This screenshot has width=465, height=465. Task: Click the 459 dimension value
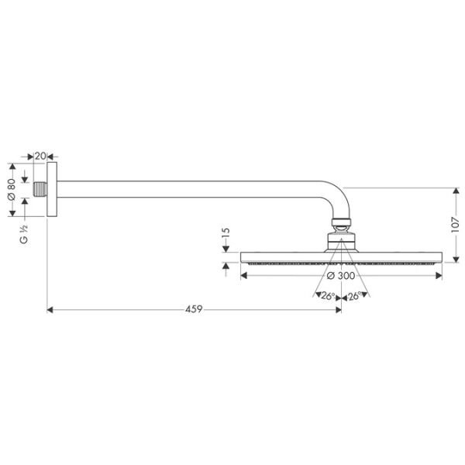pyautogui.click(x=194, y=309)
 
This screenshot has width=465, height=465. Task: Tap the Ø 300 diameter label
pyautogui.click(x=341, y=276)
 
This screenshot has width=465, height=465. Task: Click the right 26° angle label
pyautogui.click(x=356, y=296)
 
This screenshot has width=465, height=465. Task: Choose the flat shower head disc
pyautogui.click(x=341, y=257)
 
